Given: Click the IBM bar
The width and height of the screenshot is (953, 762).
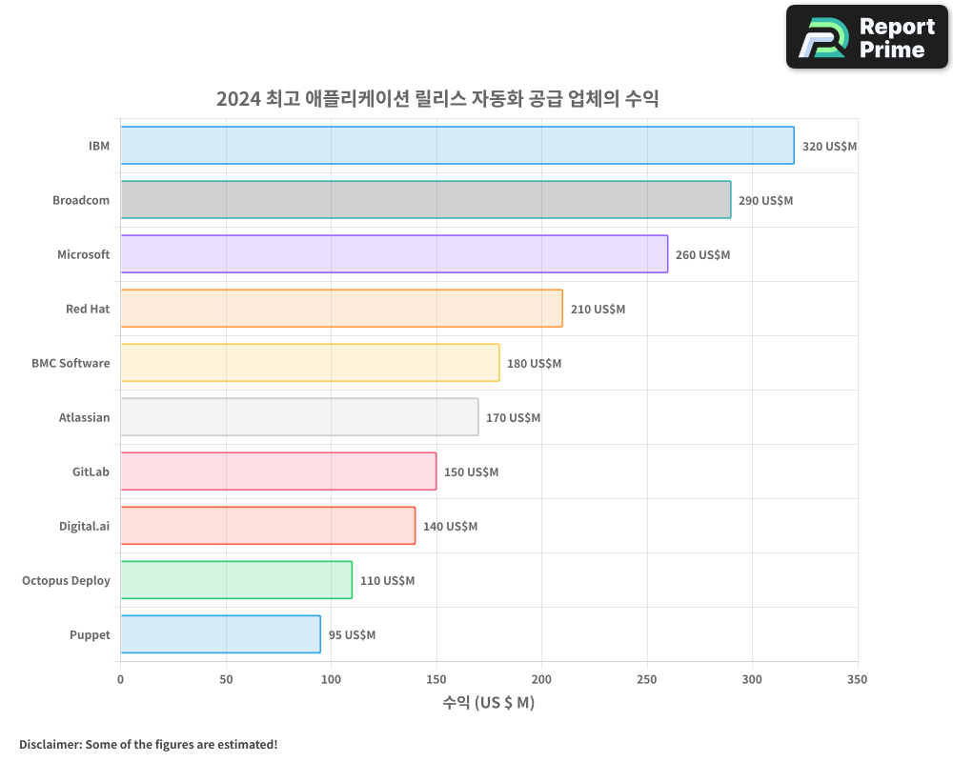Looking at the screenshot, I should click(x=457, y=146).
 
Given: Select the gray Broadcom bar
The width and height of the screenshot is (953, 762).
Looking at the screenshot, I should click(x=426, y=200).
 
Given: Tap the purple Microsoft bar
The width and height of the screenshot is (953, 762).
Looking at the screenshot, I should click(x=395, y=254).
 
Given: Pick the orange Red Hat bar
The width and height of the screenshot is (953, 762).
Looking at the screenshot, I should click(x=341, y=309).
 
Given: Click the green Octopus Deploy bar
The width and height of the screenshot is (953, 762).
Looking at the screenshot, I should click(x=236, y=580).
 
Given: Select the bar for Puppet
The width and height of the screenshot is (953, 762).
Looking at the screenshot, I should click(x=220, y=634).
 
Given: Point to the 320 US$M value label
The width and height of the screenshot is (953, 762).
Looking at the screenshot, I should click(x=829, y=147).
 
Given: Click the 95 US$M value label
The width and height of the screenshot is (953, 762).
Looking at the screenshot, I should click(x=352, y=635).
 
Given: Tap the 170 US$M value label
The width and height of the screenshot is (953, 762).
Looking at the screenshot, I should click(x=513, y=418).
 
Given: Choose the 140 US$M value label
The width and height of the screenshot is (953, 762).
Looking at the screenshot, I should click(x=450, y=527).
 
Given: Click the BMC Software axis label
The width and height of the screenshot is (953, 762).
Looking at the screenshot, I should click(x=71, y=363).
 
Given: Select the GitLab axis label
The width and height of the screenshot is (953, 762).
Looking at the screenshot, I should click(x=91, y=471).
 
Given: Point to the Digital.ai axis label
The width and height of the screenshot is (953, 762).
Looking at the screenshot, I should click(x=84, y=526).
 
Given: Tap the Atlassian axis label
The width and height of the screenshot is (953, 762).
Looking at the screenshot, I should click(x=84, y=417).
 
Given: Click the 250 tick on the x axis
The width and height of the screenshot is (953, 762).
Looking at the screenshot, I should click(x=647, y=679).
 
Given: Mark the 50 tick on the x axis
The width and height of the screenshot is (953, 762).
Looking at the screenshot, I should click(x=226, y=679).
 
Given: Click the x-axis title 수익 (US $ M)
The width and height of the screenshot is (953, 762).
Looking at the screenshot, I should click(x=489, y=703).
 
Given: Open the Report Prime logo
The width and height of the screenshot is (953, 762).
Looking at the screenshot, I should click(x=867, y=37).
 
